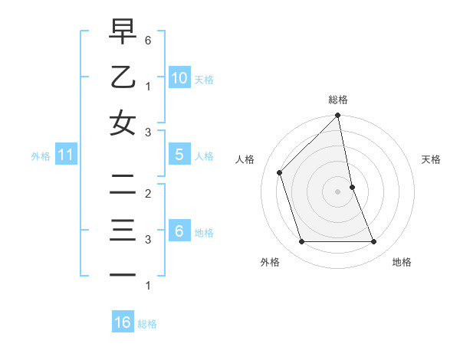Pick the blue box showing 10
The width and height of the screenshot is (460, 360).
click(x=179, y=77)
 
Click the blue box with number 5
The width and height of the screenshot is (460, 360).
click(x=179, y=155)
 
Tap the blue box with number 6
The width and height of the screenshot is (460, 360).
click(x=179, y=230)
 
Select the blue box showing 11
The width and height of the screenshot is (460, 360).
click(x=66, y=155)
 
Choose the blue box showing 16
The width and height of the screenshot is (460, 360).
click(x=123, y=322)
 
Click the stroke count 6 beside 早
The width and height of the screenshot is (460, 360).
click(x=147, y=40)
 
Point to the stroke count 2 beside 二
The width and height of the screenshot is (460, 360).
click(x=147, y=193)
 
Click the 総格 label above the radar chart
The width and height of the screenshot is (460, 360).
click(x=338, y=100)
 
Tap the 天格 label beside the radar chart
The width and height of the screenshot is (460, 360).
click(x=432, y=159)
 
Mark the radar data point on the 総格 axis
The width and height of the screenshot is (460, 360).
click(x=338, y=116)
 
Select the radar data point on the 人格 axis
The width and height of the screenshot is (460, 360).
click(x=280, y=172)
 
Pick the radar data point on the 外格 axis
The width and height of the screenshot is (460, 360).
click(x=302, y=242)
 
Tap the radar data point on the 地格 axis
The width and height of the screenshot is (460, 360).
click(x=374, y=242)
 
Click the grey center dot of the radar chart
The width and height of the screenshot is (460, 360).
click(x=338, y=191)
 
